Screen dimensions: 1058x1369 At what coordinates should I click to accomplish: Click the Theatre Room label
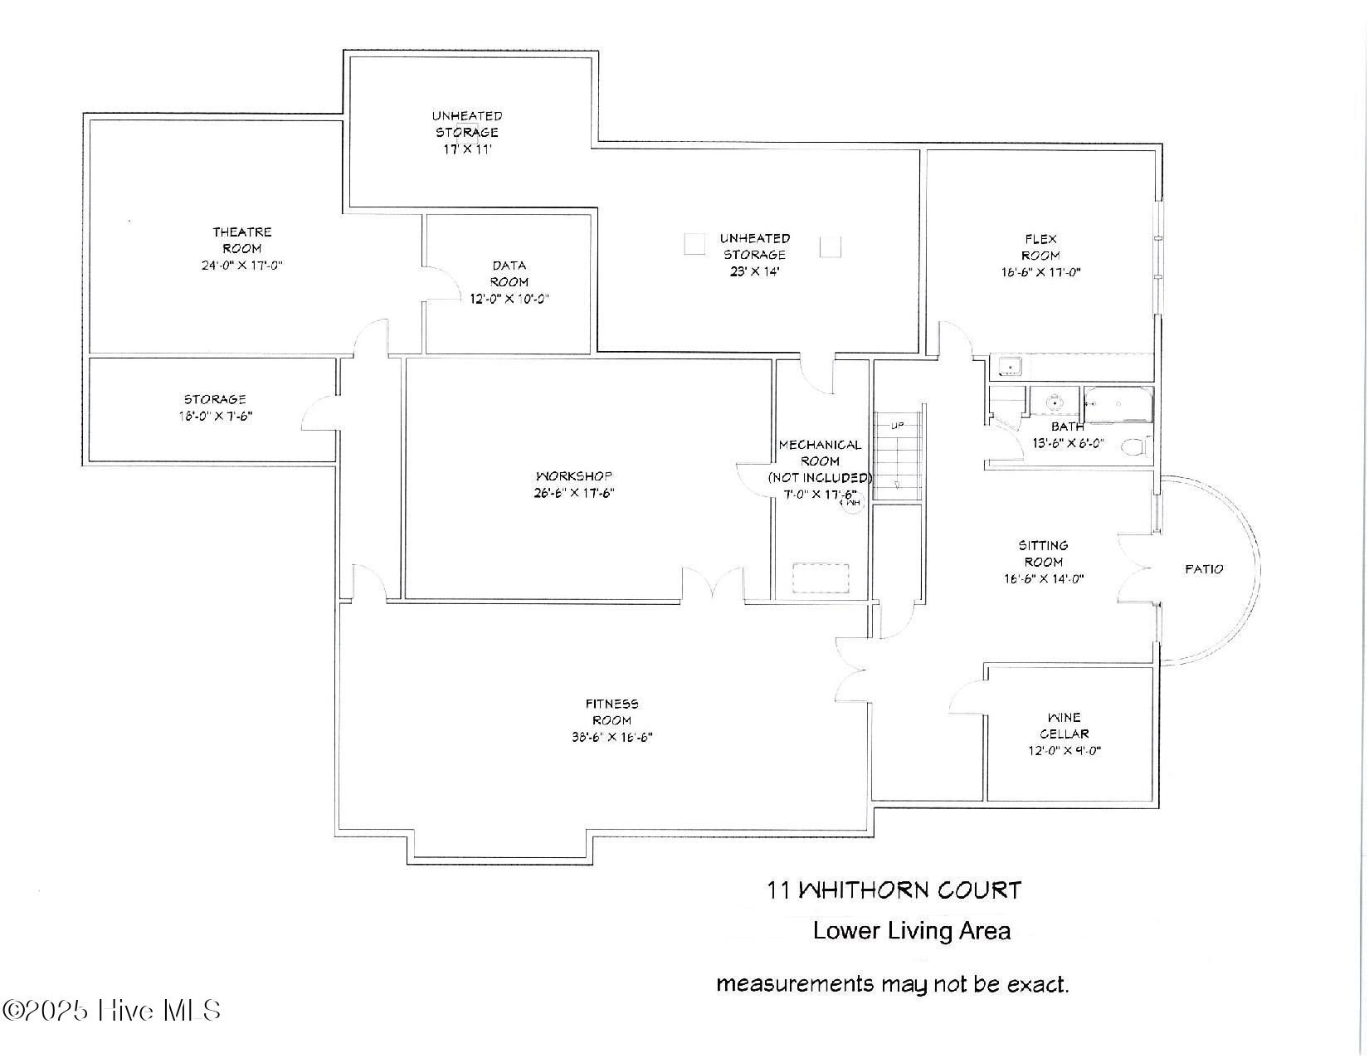pos(241,240)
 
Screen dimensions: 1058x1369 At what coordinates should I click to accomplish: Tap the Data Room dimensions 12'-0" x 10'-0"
pos(509,299)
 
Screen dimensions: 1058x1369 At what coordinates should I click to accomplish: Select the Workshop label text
pos(573,476)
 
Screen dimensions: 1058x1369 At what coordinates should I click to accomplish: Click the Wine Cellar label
pos(1064,725)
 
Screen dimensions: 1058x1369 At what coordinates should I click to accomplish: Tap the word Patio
pos(1203,569)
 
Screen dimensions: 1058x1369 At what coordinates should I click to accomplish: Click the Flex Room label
pos(1040,247)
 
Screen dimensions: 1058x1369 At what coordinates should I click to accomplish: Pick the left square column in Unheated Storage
pos(694,245)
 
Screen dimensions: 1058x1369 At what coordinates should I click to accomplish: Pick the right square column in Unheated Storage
pos(831,246)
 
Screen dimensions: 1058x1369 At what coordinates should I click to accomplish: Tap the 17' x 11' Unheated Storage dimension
pos(467,149)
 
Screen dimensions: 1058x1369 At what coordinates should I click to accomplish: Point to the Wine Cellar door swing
pos(967,697)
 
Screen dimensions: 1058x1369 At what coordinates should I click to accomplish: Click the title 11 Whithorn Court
pos(894,890)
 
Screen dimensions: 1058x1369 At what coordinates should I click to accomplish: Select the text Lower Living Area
pos(911,930)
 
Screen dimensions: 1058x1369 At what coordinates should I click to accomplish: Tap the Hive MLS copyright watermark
pos(112,1011)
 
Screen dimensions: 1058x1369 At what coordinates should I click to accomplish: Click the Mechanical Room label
pos(820,453)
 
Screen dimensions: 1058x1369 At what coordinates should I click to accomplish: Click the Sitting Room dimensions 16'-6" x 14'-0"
pos(1043,579)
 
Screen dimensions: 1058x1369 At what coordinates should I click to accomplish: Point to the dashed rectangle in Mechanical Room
pos(821,578)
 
